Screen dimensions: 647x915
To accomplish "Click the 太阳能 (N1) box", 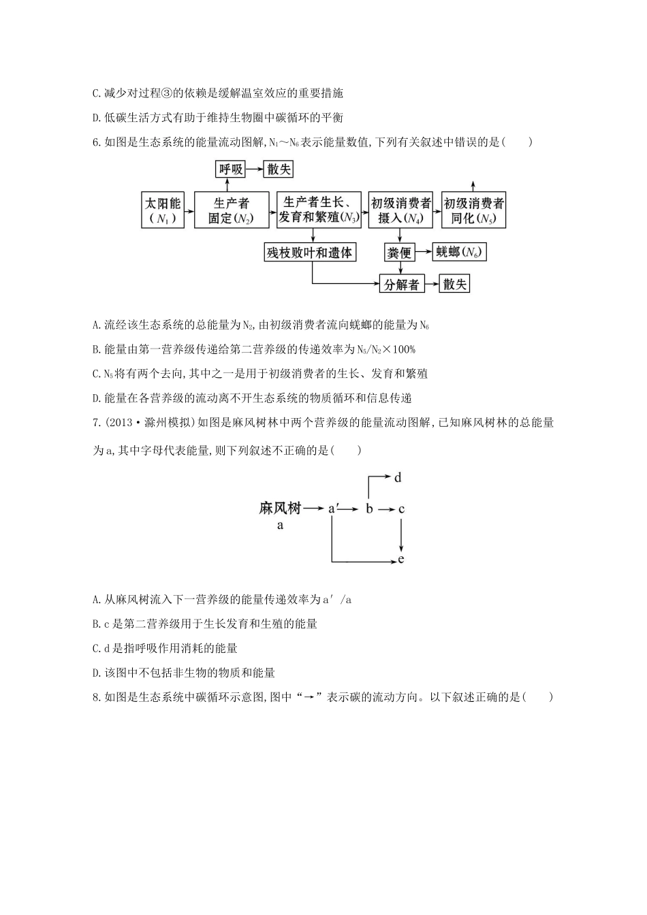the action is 163,210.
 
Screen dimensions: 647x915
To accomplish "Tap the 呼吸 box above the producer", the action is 231,170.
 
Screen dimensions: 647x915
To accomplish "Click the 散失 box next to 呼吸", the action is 279,170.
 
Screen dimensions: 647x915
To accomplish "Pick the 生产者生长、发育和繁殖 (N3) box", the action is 319,210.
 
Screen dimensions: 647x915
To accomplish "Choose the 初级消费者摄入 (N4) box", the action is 401,210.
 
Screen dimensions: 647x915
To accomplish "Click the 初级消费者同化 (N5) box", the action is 474,210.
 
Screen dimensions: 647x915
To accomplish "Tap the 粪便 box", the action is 400,253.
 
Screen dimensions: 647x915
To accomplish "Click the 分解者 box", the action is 401,284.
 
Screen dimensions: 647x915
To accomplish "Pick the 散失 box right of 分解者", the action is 455,284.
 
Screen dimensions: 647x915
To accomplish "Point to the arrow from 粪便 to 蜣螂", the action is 424,253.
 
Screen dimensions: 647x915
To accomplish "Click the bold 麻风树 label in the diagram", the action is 280,508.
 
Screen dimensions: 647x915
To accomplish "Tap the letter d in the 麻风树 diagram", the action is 398,478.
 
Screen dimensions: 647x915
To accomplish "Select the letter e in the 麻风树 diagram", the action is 401,560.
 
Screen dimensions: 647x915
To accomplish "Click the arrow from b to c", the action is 386,509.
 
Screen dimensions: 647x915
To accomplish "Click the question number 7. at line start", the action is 97,423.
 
